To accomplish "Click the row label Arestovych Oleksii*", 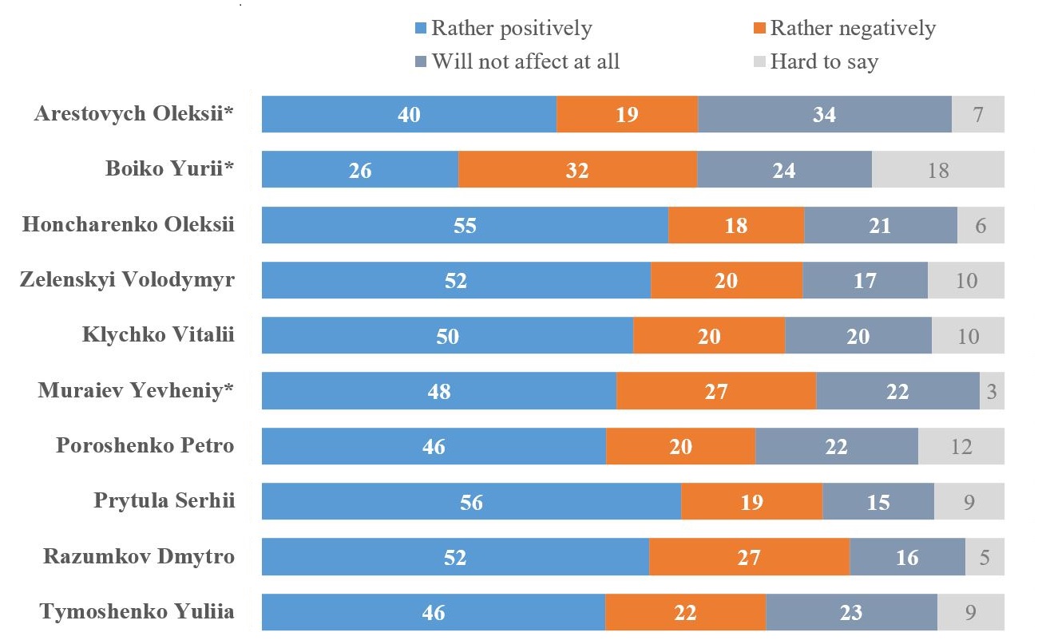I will click(134, 113).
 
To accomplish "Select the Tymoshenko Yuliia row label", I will click(137, 612).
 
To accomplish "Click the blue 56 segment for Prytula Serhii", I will click(471, 502).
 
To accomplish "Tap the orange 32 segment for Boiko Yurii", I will click(577, 169).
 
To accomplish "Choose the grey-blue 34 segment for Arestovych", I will click(824, 114).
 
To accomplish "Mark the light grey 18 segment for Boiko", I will click(937, 169).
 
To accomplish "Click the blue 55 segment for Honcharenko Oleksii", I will click(465, 225).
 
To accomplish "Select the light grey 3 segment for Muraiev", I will click(992, 391).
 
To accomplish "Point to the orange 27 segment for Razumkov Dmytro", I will click(749, 557).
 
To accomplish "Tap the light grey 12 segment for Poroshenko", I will click(961, 446).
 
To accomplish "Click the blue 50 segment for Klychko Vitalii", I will click(447, 336).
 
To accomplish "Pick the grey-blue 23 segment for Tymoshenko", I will click(851, 612).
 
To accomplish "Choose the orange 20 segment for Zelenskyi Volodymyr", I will click(726, 280).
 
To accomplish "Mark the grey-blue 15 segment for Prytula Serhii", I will click(878, 502).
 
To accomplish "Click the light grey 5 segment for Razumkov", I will click(985, 557).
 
